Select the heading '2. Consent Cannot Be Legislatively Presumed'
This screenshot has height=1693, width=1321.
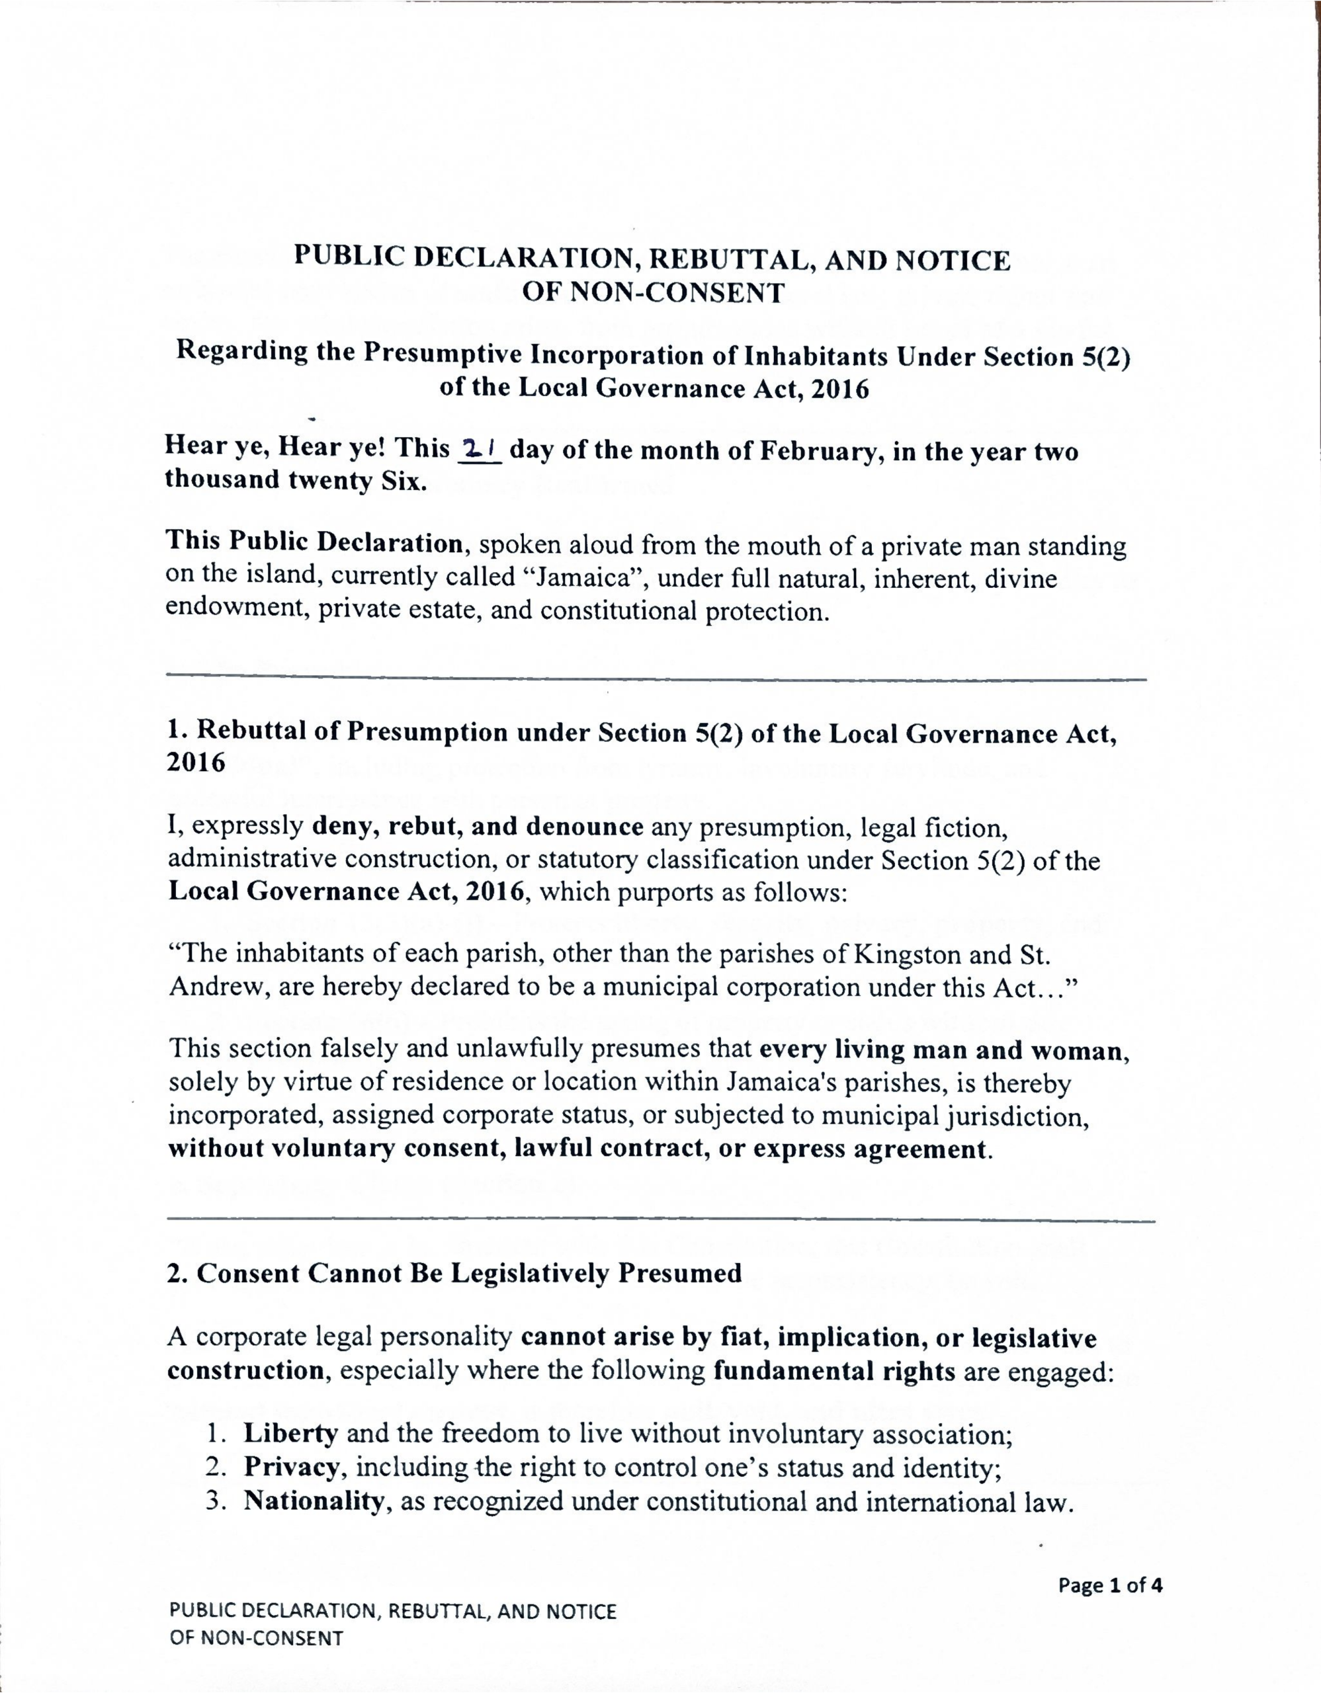coord(454,1273)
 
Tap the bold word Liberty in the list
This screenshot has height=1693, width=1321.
coord(290,1433)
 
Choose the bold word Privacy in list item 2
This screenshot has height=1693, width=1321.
coord(292,1467)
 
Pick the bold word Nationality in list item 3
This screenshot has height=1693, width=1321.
coord(313,1501)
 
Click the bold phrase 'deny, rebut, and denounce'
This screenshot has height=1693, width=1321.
coord(478,827)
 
